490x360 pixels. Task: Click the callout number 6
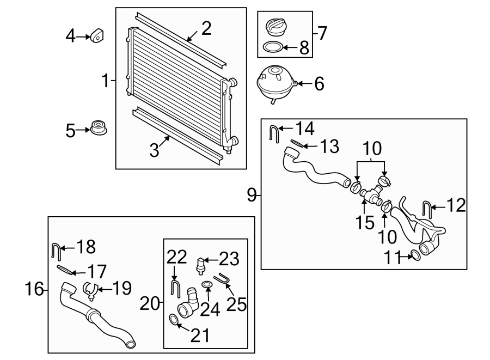(x=319, y=84)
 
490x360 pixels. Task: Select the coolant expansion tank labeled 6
(x=275, y=82)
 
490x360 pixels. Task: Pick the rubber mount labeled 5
(x=99, y=129)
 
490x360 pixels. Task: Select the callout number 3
(x=155, y=150)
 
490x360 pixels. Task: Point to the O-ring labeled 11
(x=415, y=255)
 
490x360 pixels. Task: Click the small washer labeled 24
(x=207, y=285)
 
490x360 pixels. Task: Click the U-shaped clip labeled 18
(x=56, y=252)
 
